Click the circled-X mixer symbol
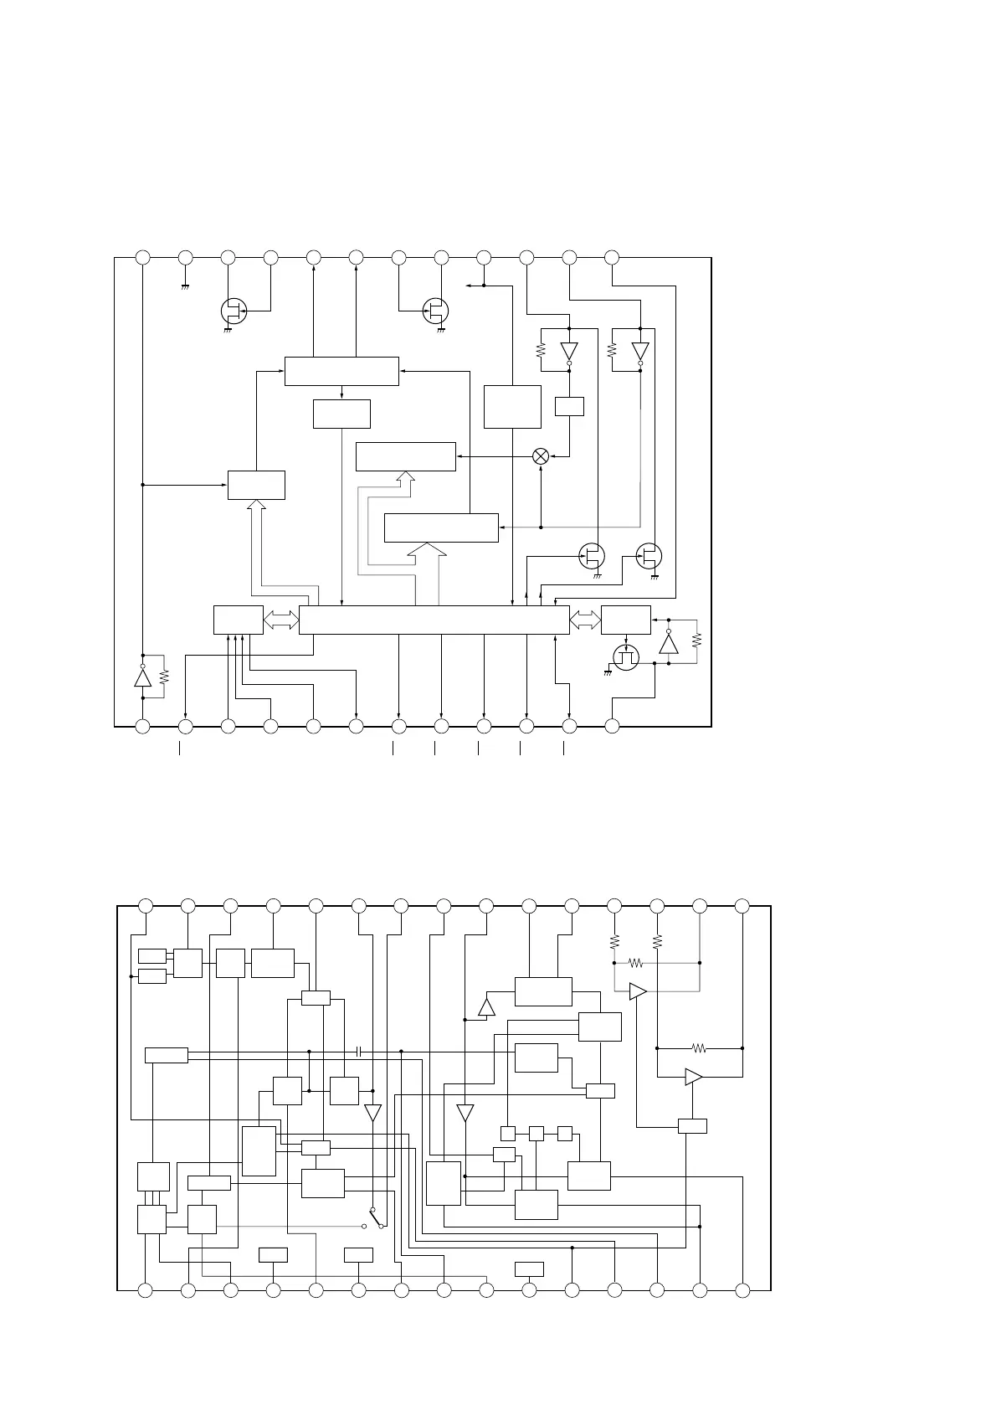coord(541,456)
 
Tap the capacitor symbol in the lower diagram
coord(358,1050)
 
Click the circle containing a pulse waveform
coord(625,657)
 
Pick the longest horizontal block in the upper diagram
coord(434,620)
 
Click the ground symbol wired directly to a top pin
coord(186,286)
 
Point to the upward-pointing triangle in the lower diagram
coord(486,1006)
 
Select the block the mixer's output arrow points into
coord(405,456)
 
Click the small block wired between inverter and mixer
coord(569,406)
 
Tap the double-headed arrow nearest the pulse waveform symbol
coord(585,620)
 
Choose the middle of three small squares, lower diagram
coord(537,1133)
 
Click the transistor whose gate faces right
coord(234,311)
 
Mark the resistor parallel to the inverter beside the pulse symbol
coord(696,641)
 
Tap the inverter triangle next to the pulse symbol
coord(668,644)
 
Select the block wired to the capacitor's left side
coord(166,1054)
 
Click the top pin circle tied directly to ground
coord(186,257)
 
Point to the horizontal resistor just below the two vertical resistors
coord(635,963)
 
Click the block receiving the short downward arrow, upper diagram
coord(341,414)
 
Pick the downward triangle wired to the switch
coord(372,1113)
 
